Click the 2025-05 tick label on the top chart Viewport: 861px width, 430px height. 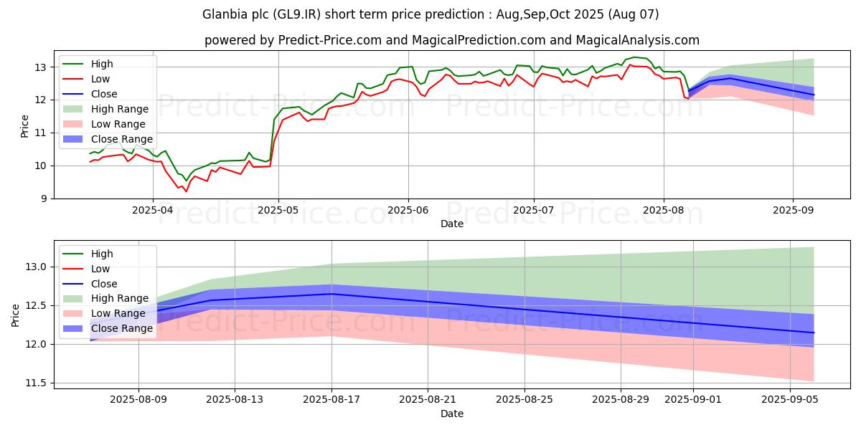[279, 211]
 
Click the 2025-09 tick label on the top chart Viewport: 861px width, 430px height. [793, 211]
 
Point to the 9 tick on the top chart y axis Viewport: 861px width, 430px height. [44, 199]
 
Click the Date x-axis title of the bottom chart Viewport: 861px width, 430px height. [452, 414]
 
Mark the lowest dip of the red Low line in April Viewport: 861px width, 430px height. [187, 191]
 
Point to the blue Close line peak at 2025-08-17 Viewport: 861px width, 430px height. [331, 294]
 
